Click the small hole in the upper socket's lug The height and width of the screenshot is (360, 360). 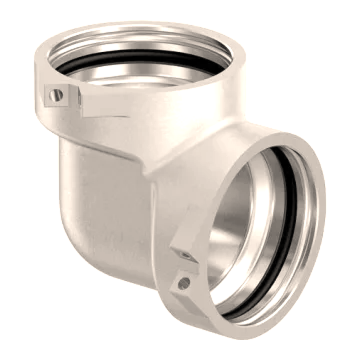click(57, 95)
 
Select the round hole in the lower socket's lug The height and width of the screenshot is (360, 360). click(183, 283)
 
